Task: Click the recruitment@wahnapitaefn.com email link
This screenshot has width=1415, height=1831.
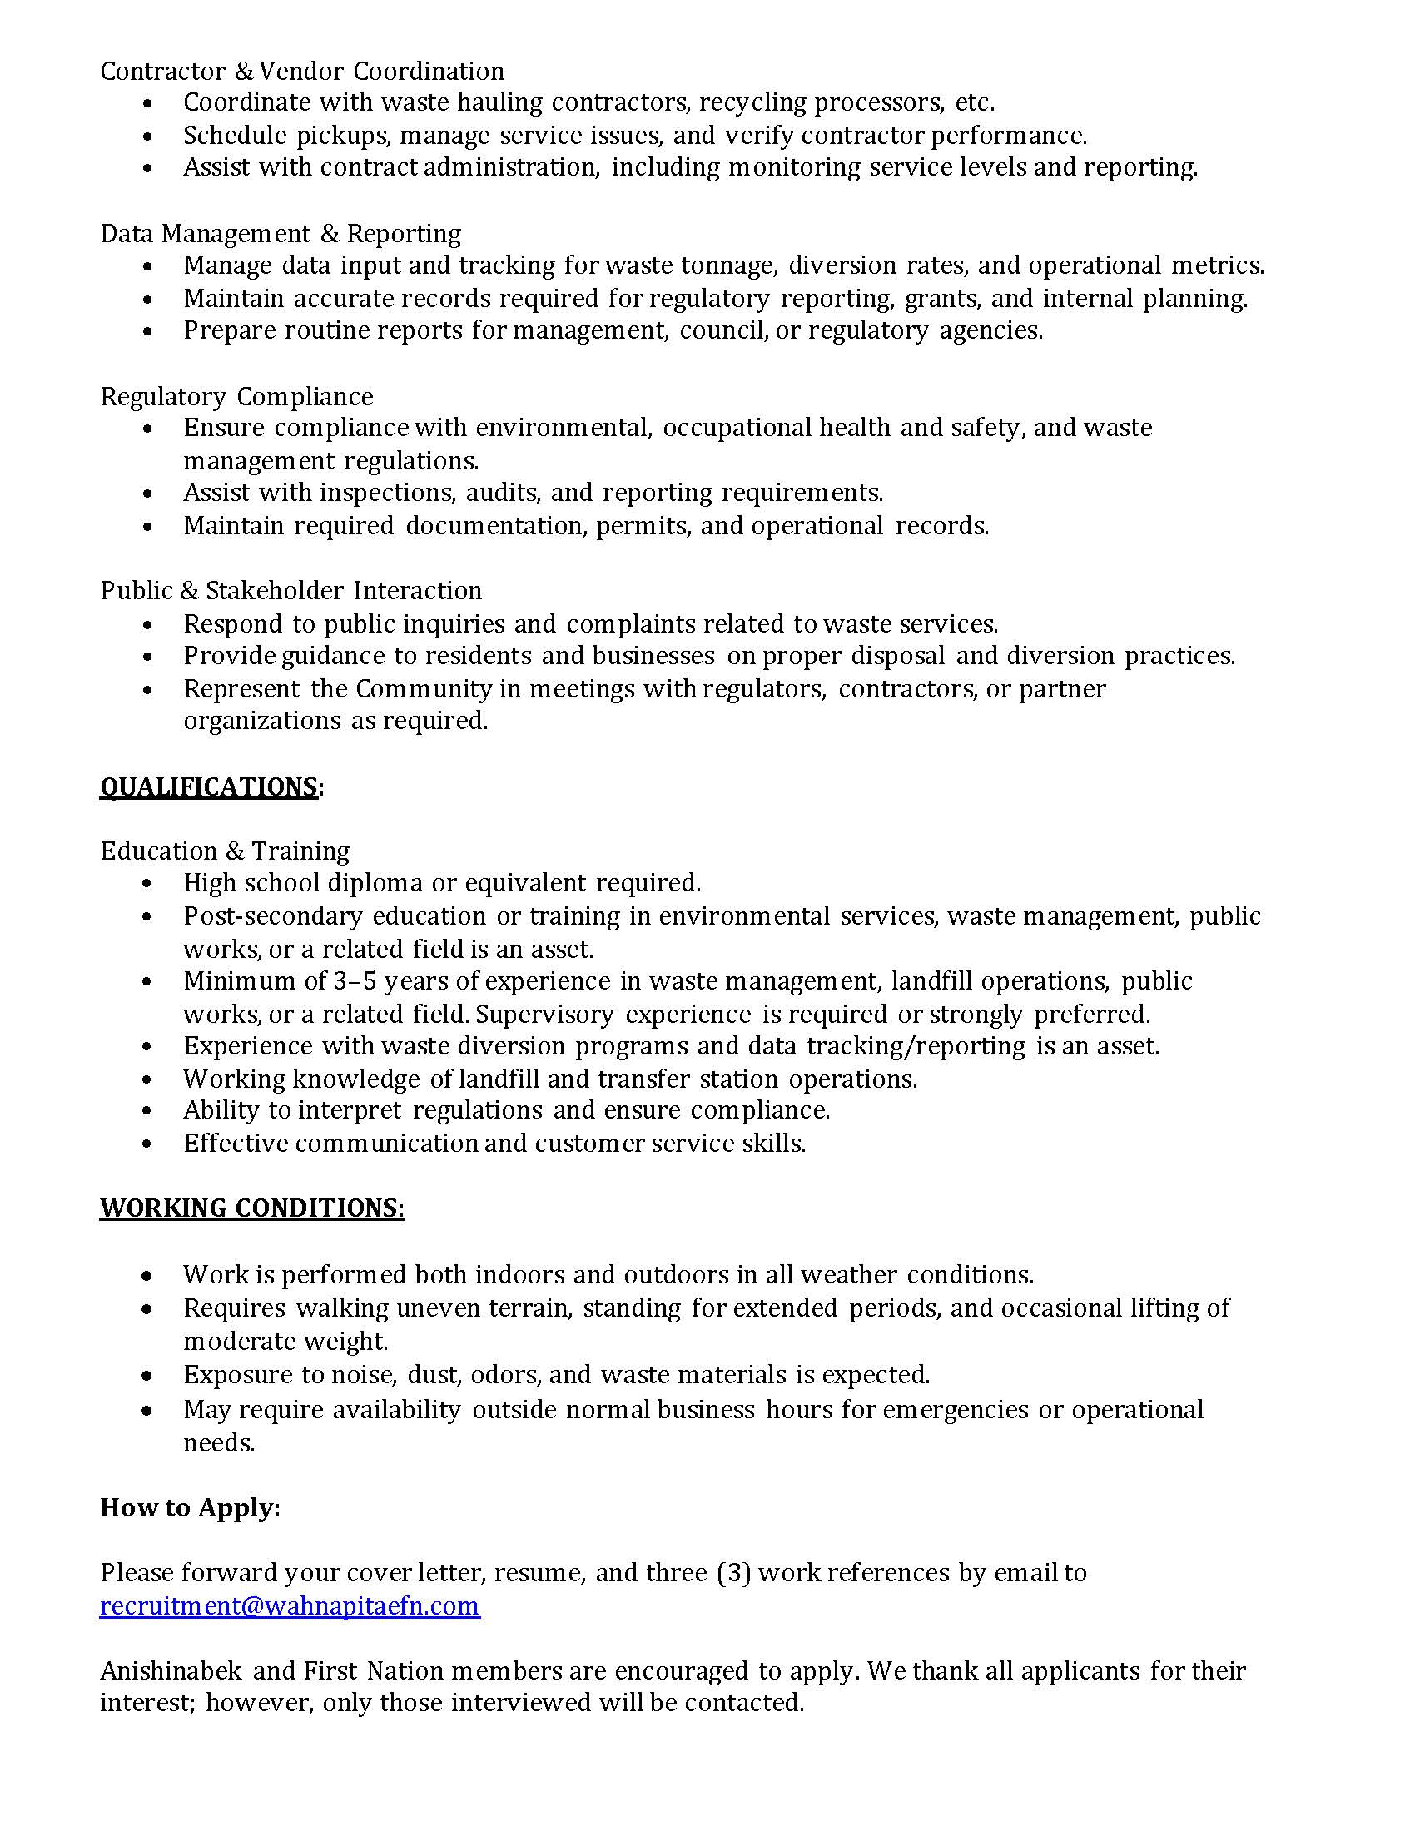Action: pos(289,1605)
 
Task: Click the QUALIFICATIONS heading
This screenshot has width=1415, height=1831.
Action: pos(208,786)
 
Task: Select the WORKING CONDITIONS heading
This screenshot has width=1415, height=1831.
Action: pos(251,1208)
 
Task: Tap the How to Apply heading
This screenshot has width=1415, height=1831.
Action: pos(190,1507)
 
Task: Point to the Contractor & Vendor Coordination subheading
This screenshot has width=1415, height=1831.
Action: pos(302,71)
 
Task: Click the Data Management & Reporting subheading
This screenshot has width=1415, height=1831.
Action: pos(280,233)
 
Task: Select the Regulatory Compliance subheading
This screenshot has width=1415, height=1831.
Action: pos(236,395)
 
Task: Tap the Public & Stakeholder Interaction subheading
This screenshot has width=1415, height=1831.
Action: pos(290,590)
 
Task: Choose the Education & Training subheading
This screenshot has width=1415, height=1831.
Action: pos(225,851)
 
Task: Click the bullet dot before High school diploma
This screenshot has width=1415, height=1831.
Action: pos(148,884)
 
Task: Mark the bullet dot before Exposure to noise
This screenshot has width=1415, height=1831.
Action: pos(148,1376)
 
